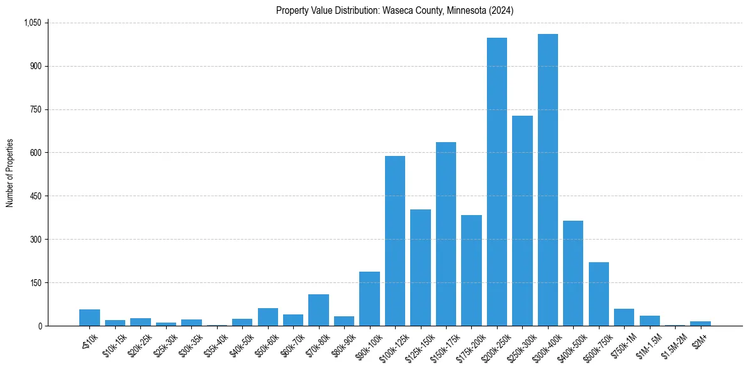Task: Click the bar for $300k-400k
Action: coord(548,180)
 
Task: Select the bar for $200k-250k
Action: coord(497,182)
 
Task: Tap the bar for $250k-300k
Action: coord(522,221)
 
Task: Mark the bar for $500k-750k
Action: coord(599,294)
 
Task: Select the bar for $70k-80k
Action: coord(318,310)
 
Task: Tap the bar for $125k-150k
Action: coord(420,267)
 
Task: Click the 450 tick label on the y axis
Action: coord(36,196)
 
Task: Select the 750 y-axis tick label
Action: coord(36,109)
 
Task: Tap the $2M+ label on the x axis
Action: coord(699,338)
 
